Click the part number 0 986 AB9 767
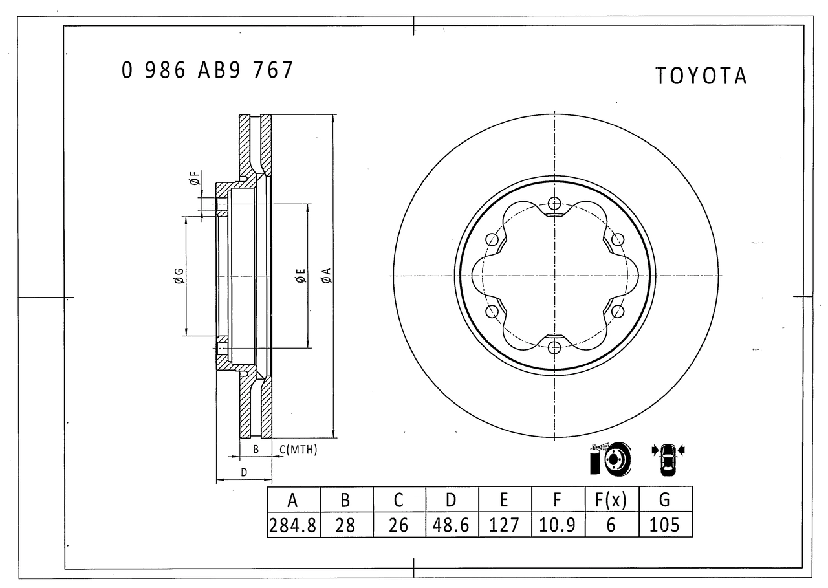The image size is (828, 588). (208, 70)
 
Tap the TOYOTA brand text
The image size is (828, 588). (701, 76)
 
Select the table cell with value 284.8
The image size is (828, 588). (293, 525)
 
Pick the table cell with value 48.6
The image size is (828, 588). (452, 525)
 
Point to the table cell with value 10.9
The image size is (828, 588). (558, 525)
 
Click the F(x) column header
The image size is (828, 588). (612, 499)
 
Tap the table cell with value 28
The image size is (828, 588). (346, 525)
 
